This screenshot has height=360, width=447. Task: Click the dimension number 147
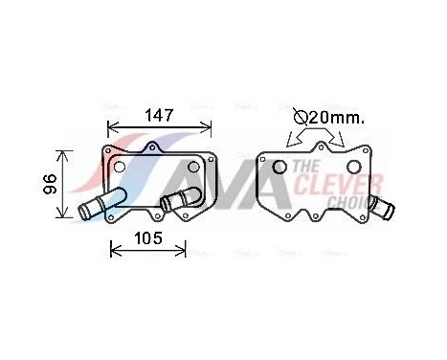[159, 116]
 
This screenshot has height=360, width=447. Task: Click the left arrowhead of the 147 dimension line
[109, 125]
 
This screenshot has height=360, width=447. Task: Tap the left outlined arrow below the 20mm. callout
[293, 142]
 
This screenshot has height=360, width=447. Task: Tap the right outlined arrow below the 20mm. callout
[335, 142]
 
